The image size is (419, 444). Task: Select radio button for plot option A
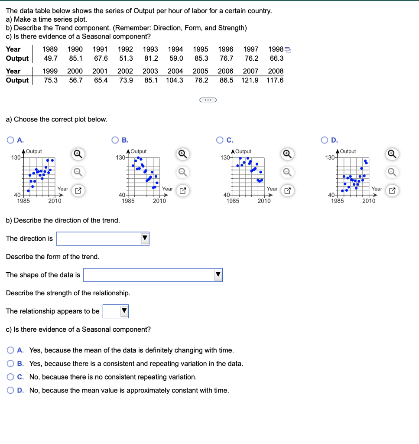coord(10,140)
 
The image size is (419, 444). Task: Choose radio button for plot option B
coord(115,140)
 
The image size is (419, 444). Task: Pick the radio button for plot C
coord(220,140)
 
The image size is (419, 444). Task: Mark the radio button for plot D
coord(324,140)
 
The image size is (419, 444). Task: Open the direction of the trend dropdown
coord(103,238)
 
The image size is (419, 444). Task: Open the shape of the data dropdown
coord(153,275)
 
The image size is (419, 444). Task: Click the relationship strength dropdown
coord(116,311)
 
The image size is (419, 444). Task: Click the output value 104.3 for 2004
coord(174,80)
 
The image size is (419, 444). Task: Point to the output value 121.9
coord(250,80)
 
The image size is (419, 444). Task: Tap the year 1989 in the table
coord(51,49)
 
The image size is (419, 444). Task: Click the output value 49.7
coord(51,58)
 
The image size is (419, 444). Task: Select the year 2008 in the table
coord(276,71)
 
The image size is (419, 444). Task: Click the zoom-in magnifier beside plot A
coord(77,154)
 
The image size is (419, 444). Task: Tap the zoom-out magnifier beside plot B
coord(182,172)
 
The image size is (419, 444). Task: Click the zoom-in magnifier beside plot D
coord(391,154)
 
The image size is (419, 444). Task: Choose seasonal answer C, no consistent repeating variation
coord(10,377)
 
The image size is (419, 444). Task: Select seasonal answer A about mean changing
coord(10,350)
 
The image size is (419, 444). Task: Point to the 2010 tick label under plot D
coord(369,201)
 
